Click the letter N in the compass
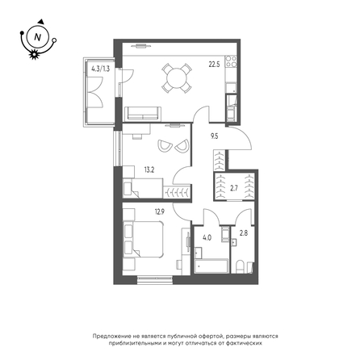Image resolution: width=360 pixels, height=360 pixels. point(38,37)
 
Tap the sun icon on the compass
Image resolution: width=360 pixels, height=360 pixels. point(34,54)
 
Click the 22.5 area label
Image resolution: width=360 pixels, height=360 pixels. point(214,65)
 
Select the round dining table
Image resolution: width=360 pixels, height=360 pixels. point(177,78)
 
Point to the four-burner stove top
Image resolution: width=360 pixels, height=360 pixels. point(231,61)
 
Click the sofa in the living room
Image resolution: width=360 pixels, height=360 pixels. point(143,114)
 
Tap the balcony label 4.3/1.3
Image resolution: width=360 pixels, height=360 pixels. point(100,69)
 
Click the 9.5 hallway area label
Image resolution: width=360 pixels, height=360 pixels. point(215,136)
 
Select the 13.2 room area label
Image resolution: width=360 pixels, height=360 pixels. point(149,170)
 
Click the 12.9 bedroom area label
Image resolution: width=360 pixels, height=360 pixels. point(160,212)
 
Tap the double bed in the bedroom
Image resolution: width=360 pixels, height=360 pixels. point(144,240)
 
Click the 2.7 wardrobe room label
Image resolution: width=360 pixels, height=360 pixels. point(234,188)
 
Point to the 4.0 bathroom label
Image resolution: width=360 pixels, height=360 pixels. point(207,238)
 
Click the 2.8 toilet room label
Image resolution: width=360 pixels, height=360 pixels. point(243,233)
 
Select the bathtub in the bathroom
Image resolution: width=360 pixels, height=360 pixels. point(211,266)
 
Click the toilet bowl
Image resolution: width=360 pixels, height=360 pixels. point(240,267)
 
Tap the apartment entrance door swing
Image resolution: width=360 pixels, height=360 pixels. point(241,138)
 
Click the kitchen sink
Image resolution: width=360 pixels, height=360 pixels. point(231,88)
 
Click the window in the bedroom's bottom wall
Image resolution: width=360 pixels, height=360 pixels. point(155,280)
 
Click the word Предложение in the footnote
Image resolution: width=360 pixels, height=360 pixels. point(110,336)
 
